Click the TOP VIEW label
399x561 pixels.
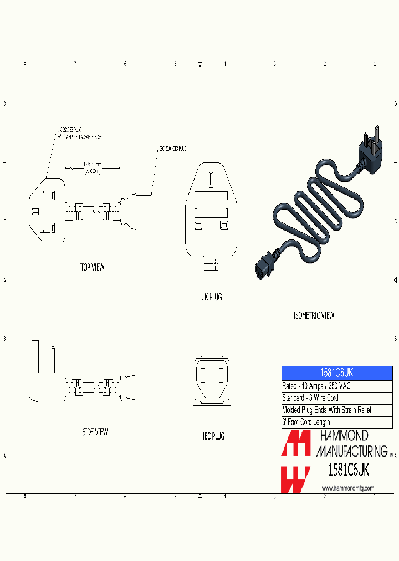92,268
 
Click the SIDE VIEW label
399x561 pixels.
95,432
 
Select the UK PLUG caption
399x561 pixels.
211,298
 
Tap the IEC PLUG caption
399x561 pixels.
213,437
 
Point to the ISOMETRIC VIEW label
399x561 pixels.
314,315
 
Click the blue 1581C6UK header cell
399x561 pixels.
337,373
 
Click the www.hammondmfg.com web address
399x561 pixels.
347,488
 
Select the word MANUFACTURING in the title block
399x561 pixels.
351,451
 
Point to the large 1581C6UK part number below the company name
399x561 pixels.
349,470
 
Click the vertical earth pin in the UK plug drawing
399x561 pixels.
211,179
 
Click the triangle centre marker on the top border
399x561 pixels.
200,64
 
